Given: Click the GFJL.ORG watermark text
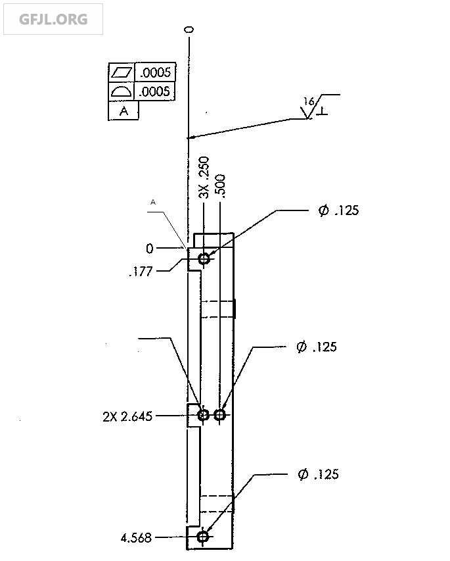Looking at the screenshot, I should coord(53,19).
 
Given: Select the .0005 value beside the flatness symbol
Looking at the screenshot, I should coord(155,72).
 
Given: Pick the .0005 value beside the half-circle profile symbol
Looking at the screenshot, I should coord(155,91).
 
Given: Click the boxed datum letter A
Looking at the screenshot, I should coord(124,111).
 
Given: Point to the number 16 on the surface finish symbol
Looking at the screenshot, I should coord(308,101).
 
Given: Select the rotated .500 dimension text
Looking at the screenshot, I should coord(221,186).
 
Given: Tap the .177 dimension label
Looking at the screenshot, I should coord(141,271).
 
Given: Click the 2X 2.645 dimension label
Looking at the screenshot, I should coord(127,416).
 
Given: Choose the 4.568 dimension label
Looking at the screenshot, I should coord(136,538).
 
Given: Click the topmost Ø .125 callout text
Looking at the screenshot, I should coord(339,210).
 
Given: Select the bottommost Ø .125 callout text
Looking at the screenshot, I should coord(318,474).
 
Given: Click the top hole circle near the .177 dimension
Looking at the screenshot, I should coord(204,258).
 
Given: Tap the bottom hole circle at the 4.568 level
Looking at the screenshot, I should coord(203,537).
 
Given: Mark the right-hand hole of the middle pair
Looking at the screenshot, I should coord(219,414).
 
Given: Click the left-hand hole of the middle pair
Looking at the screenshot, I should coord(203,414).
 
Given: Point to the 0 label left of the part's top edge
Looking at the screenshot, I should coord(150,249).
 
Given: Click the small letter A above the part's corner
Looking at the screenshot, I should coord(152,203).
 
